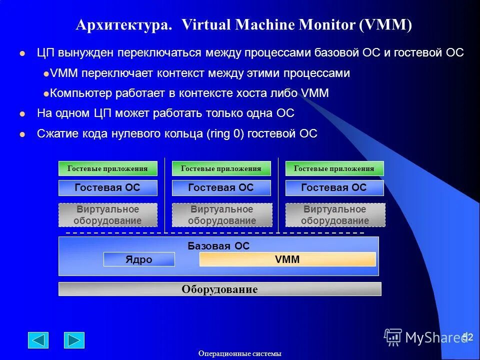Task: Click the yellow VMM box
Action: point(287,259)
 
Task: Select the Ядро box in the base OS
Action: point(139,259)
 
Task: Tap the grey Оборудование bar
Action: point(219,289)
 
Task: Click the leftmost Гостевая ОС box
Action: point(107,188)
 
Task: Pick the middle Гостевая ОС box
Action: point(221,188)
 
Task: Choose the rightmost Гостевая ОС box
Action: point(334,188)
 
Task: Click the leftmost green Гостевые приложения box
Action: point(107,168)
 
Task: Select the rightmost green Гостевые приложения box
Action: point(334,168)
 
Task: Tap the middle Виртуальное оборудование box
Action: point(221,215)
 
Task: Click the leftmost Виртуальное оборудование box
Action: point(107,215)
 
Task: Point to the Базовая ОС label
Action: point(218,246)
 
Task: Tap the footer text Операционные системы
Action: point(240,353)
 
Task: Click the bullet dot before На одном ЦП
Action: point(21,114)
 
